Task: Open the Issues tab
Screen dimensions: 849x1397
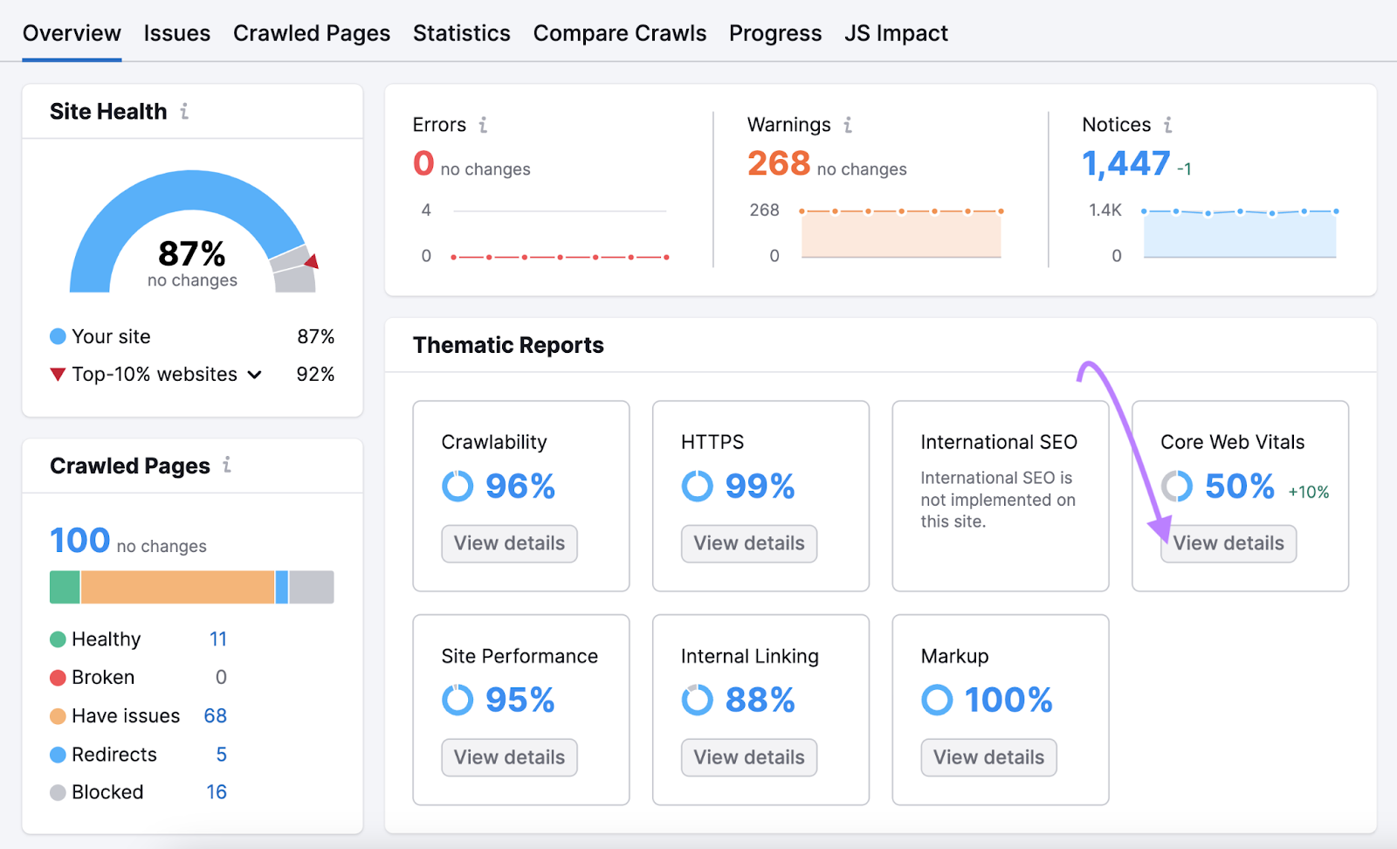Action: pyautogui.click(x=176, y=33)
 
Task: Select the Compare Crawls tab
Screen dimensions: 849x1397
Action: pyautogui.click(x=619, y=33)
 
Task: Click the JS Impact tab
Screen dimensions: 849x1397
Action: pyautogui.click(x=895, y=33)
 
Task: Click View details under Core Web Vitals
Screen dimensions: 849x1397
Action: pyautogui.click(x=1228, y=543)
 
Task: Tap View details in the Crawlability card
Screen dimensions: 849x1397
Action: pyautogui.click(x=509, y=543)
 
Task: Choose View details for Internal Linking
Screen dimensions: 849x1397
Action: pyautogui.click(x=748, y=757)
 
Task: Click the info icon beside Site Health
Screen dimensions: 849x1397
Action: pyautogui.click(x=184, y=112)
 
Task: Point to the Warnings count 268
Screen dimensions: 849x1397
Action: pyautogui.click(x=778, y=163)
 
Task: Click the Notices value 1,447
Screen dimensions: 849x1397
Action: pyautogui.click(x=1125, y=163)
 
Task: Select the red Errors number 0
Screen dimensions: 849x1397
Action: pyautogui.click(x=423, y=163)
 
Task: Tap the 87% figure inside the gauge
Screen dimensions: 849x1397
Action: pyautogui.click(x=192, y=254)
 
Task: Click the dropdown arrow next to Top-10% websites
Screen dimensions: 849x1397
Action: pyautogui.click(x=255, y=375)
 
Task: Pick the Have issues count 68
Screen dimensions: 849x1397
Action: pyautogui.click(x=215, y=716)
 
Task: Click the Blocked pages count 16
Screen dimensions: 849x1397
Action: pyautogui.click(x=217, y=792)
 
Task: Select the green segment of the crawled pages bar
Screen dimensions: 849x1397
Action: pyautogui.click(x=65, y=587)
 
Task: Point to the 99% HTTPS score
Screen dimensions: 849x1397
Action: pyautogui.click(x=760, y=487)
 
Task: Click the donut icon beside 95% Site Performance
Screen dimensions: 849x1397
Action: pyautogui.click(x=458, y=700)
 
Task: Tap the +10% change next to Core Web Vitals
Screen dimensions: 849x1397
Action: pyautogui.click(x=1308, y=493)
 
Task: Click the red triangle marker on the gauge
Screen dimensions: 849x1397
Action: pyautogui.click(x=312, y=261)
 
